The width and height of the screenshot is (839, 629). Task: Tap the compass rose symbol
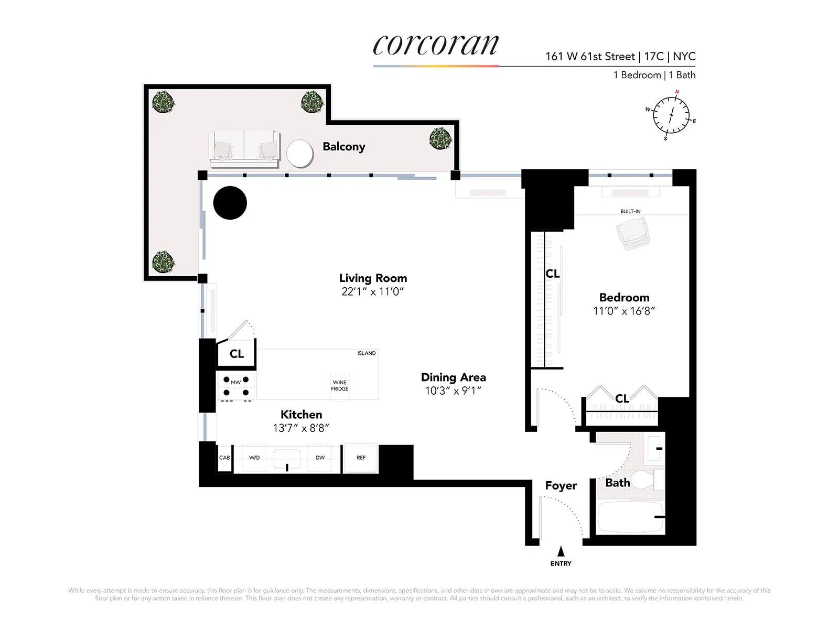(x=671, y=115)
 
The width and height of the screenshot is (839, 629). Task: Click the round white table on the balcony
(x=300, y=153)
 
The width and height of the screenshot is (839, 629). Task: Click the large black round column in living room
(x=230, y=203)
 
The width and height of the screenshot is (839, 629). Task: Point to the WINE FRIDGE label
(x=339, y=386)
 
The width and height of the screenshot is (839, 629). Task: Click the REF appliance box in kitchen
(x=361, y=458)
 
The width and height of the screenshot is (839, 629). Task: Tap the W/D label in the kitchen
(x=254, y=458)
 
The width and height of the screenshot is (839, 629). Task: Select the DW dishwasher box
(x=320, y=458)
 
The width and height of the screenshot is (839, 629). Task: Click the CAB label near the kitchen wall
(x=224, y=458)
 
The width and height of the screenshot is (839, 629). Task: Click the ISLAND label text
(x=367, y=353)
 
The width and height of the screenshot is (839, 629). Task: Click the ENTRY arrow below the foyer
(x=561, y=551)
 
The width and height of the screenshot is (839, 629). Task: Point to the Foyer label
(x=561, y=486)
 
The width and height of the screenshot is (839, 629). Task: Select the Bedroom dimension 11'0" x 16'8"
(x=624, y=311)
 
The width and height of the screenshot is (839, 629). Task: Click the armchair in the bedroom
(x=633, y=234)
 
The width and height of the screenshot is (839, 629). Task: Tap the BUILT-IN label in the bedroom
(x=630, y=212)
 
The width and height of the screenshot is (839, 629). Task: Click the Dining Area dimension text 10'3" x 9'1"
(x=453, y=391)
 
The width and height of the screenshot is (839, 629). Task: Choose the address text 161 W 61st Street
(x=590, y=57)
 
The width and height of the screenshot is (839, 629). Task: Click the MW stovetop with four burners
(x=236, y=386)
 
